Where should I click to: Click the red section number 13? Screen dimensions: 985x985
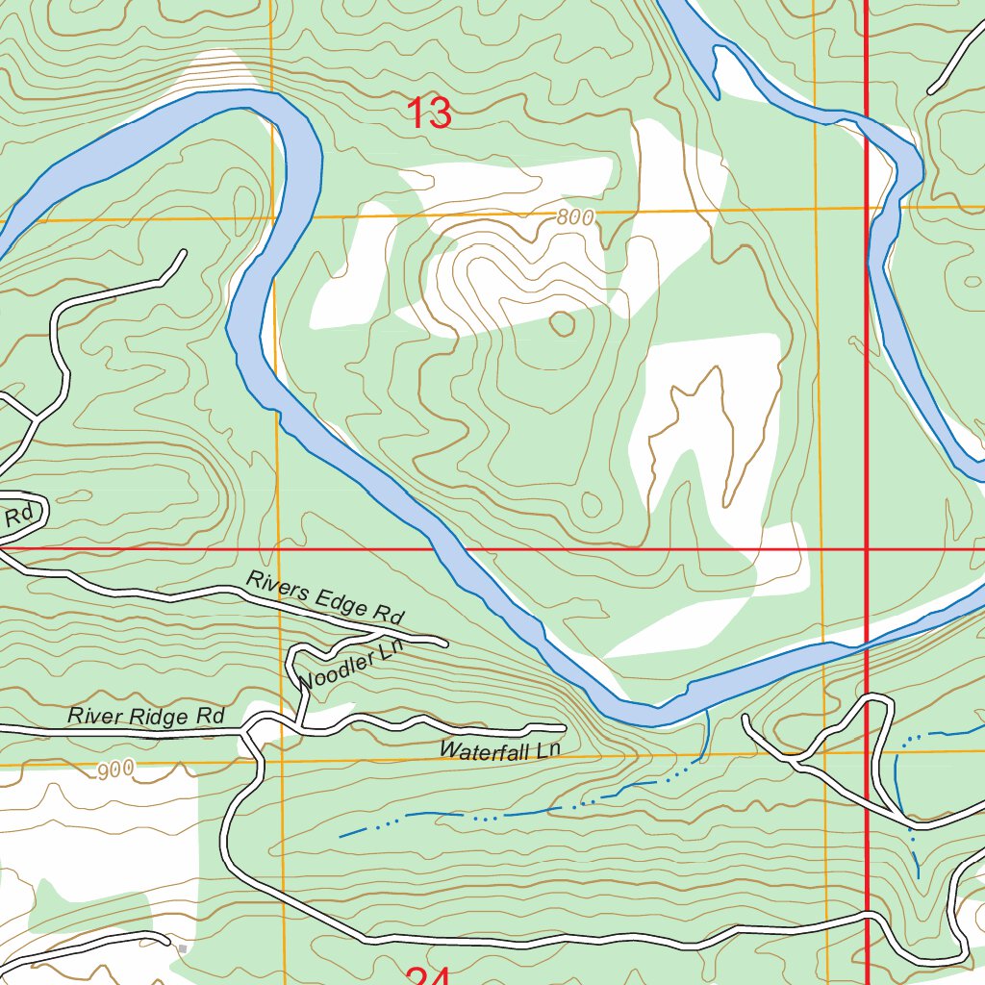429,114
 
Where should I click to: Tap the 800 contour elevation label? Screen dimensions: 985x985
575,218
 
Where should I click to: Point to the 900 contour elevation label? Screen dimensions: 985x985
115,770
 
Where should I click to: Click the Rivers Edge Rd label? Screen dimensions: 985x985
325,597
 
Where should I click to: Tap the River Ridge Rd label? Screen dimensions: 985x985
145,717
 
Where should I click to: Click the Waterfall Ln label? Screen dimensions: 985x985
498,750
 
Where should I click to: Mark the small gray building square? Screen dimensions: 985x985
182,949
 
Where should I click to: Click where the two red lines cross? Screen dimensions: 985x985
867,549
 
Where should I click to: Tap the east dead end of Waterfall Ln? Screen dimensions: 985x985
563,726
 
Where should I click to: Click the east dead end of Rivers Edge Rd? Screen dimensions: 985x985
444,642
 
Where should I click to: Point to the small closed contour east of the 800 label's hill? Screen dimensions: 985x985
562,323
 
